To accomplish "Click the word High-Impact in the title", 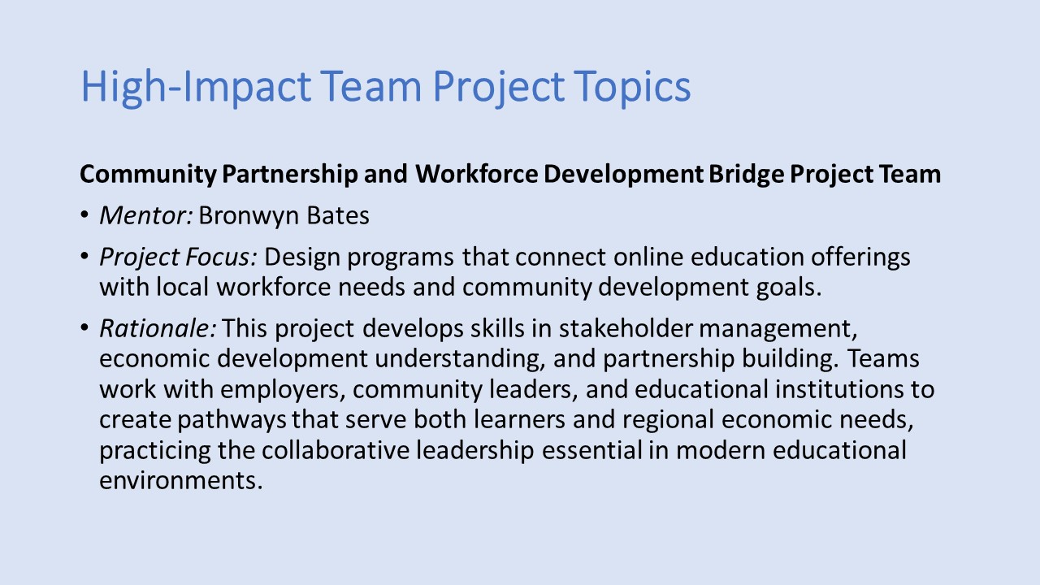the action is [196, 87].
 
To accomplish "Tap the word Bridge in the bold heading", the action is [746, 175].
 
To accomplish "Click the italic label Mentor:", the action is [146, 215].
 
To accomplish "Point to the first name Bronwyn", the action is [249, 216].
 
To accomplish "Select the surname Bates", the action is [337, 215].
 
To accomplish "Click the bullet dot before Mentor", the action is [84, 215].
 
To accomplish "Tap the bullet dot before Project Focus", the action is [84, 256].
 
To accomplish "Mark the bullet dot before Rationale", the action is [84, 327].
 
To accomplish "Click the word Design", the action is [302, 258].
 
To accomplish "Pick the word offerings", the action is [860, 258].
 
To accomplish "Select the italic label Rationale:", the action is [158, 328].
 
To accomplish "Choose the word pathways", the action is [232, 420].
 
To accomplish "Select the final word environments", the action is [181, 480].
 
